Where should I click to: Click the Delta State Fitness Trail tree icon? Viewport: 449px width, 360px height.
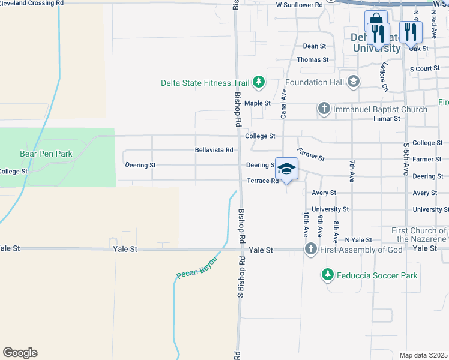pos(259,82)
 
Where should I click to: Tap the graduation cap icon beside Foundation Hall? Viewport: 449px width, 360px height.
pos(354,82)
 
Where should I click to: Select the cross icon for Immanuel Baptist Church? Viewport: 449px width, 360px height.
pos(324,109)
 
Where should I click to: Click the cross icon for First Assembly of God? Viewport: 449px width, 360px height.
pos(310,249)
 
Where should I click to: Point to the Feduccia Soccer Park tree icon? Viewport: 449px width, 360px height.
pos(327,275)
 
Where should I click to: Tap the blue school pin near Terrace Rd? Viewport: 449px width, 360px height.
pos(286,170)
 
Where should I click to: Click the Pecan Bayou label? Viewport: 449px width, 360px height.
pos(196,266)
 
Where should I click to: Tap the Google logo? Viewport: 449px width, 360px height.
pos(20,353)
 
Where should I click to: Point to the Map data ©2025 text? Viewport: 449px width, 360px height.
pos(423,355)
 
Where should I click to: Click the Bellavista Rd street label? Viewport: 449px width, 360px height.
pos(214,150)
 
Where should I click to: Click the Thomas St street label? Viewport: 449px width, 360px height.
pos(313,60)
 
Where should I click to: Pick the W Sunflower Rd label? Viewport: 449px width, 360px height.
pos(299,4)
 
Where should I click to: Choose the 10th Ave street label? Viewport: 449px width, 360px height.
pos(306,223)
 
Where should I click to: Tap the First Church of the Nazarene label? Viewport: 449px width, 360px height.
pos(418,235)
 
